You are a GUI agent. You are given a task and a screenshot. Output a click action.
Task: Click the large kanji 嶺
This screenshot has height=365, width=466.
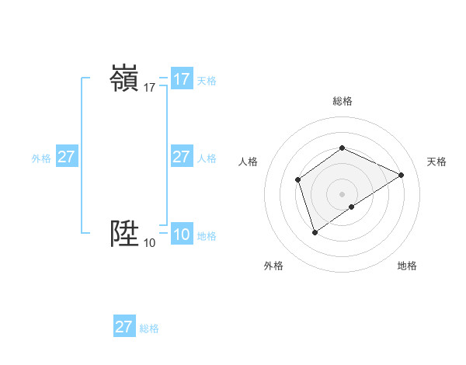124,79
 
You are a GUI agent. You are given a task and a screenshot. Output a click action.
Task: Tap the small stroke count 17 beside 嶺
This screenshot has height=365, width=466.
149,89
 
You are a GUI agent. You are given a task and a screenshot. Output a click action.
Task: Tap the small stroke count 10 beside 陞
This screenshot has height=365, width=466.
149,243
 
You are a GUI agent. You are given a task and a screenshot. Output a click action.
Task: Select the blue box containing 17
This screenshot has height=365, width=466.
182,79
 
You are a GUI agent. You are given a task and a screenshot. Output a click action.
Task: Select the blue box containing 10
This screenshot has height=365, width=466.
182,235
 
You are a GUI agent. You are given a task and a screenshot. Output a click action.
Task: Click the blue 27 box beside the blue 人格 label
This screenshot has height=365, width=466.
182,157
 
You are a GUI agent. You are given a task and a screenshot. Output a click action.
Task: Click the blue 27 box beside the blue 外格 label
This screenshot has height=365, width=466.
67,157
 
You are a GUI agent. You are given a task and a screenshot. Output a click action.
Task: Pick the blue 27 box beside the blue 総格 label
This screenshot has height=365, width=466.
124,326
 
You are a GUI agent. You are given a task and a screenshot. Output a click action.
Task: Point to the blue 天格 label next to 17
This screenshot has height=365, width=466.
207,81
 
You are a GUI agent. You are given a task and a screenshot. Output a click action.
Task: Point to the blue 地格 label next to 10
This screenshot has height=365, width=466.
207,236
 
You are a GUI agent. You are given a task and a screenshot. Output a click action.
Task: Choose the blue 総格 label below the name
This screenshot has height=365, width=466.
149,328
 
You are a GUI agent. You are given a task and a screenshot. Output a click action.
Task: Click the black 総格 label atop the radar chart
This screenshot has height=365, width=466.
343,101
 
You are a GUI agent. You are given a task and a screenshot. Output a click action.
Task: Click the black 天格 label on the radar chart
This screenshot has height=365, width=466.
436,162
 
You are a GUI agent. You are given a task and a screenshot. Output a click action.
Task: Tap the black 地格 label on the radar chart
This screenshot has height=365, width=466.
407,266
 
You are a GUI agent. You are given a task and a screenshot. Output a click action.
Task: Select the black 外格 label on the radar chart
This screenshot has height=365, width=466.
273,266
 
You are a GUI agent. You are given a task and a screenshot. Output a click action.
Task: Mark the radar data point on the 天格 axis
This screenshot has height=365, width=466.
402,175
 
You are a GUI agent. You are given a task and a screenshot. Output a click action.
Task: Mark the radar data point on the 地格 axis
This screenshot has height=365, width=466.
352,207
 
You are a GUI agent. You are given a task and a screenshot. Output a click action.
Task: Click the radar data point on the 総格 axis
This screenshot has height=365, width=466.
342,148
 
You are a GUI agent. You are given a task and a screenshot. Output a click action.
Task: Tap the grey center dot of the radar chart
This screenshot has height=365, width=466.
342,193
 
